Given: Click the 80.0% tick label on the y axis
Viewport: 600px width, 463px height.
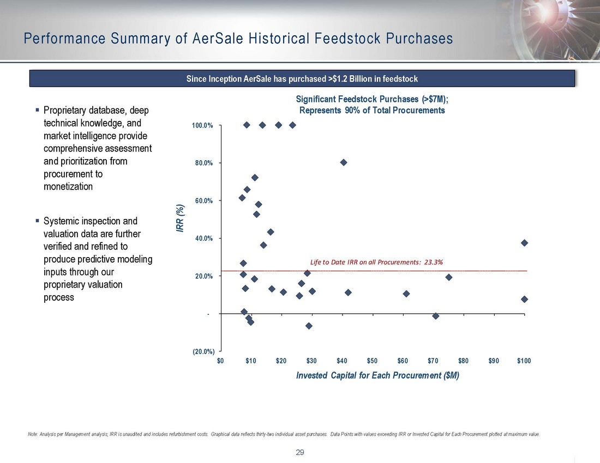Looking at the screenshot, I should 202,163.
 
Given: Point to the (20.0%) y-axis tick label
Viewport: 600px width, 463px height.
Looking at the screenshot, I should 202,351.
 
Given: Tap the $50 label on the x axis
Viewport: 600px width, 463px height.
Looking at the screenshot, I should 373,361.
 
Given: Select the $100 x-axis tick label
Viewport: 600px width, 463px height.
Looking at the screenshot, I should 524,361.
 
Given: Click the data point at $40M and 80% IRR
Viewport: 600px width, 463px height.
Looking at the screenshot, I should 344,162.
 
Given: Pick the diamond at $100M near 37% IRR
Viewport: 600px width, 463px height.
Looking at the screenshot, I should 524,243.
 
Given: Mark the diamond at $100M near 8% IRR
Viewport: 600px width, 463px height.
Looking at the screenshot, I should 524,299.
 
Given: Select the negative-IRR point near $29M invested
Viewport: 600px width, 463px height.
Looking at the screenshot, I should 309,326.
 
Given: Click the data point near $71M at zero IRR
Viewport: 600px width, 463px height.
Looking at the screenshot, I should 435,316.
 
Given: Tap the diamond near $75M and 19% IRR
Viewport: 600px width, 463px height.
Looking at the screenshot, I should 449,277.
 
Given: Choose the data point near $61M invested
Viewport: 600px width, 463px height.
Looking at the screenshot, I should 406,294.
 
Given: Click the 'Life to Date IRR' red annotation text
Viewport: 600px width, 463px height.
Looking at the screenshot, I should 376,262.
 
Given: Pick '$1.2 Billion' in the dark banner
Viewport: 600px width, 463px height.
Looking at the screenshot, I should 352,79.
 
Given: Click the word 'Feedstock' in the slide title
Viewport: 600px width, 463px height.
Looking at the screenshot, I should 349,39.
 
